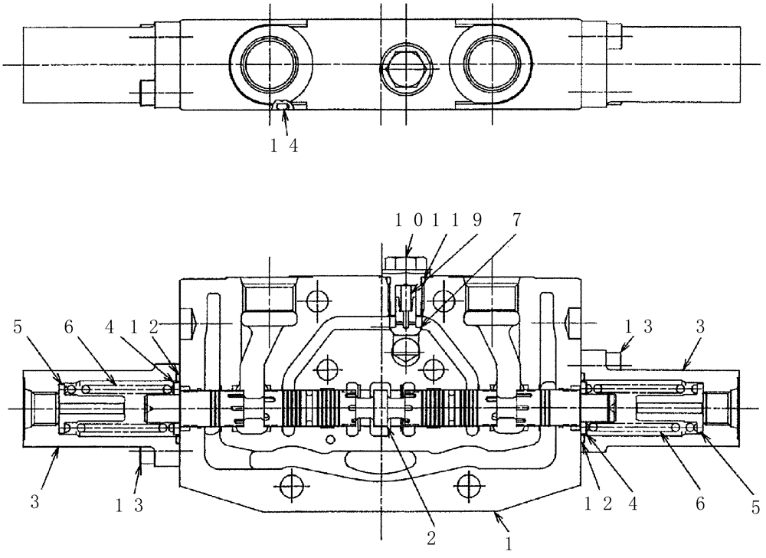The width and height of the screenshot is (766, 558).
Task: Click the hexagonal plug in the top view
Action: tap(404, 66)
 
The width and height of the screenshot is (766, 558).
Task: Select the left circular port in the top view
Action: tap(271, 66)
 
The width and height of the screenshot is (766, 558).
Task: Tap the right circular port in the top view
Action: tap(491, 66)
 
